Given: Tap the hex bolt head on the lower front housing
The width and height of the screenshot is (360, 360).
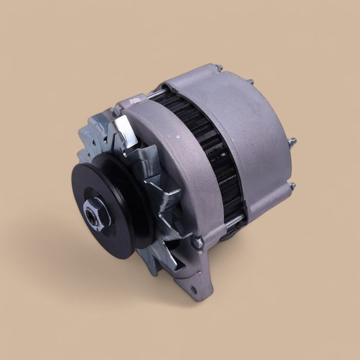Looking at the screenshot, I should pos(197,239).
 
